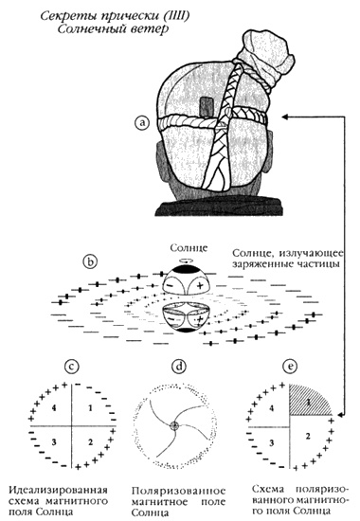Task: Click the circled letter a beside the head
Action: (x=142, y=123)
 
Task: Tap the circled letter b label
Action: (x=90, y=261)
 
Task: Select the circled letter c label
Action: (x=72, y=367)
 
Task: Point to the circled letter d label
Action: (x=179, y=367)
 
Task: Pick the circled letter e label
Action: (x=290, y=367)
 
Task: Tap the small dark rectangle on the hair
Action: (x=207, y=106)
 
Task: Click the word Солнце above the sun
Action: (x=189, y=248)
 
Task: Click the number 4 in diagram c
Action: (x=54, y=408)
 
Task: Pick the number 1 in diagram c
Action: (x=90, y=408)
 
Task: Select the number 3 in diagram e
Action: (x=272, y=443)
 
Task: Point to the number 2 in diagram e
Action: (x=308, y=436)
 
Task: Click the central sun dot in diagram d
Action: (x=174, y=425)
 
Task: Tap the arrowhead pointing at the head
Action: (x=285, y=117)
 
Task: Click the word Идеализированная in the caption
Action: (x=58, y=491)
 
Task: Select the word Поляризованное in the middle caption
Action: (x=178, y=491)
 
